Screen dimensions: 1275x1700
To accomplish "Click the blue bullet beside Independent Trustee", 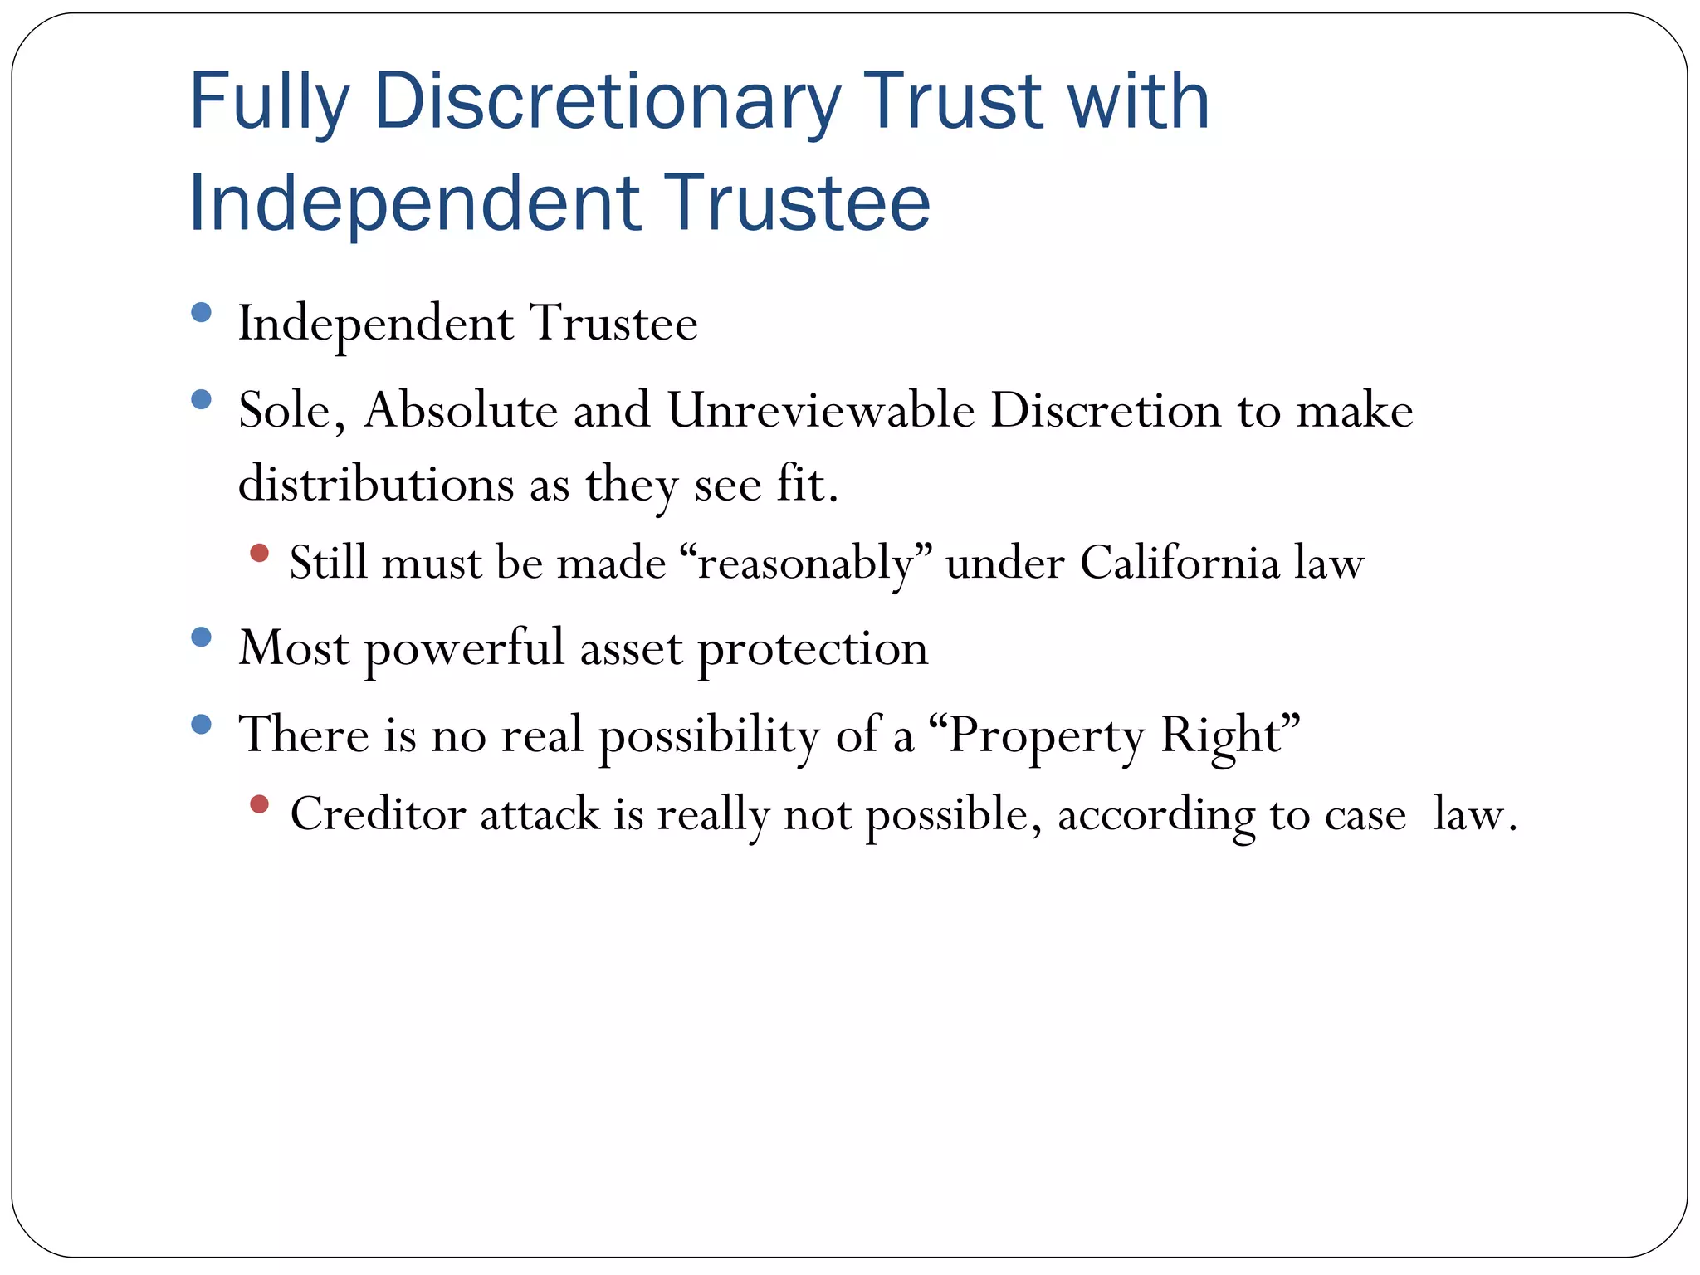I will click(201, 313).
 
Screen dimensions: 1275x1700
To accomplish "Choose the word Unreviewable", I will click(820, 410).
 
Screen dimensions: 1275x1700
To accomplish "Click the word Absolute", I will click(460, 410).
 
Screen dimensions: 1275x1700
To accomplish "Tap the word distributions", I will click(376, 484).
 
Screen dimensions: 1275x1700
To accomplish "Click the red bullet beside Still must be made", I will click(259, 553).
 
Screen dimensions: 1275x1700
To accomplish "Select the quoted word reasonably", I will click(805, 564).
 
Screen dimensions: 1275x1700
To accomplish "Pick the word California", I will click(1179, 563).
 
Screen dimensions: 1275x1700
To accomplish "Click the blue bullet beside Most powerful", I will click(201, 637).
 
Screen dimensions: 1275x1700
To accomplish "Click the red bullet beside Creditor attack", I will click(259, 804).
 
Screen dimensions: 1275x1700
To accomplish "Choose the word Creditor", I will click(377, 813).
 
